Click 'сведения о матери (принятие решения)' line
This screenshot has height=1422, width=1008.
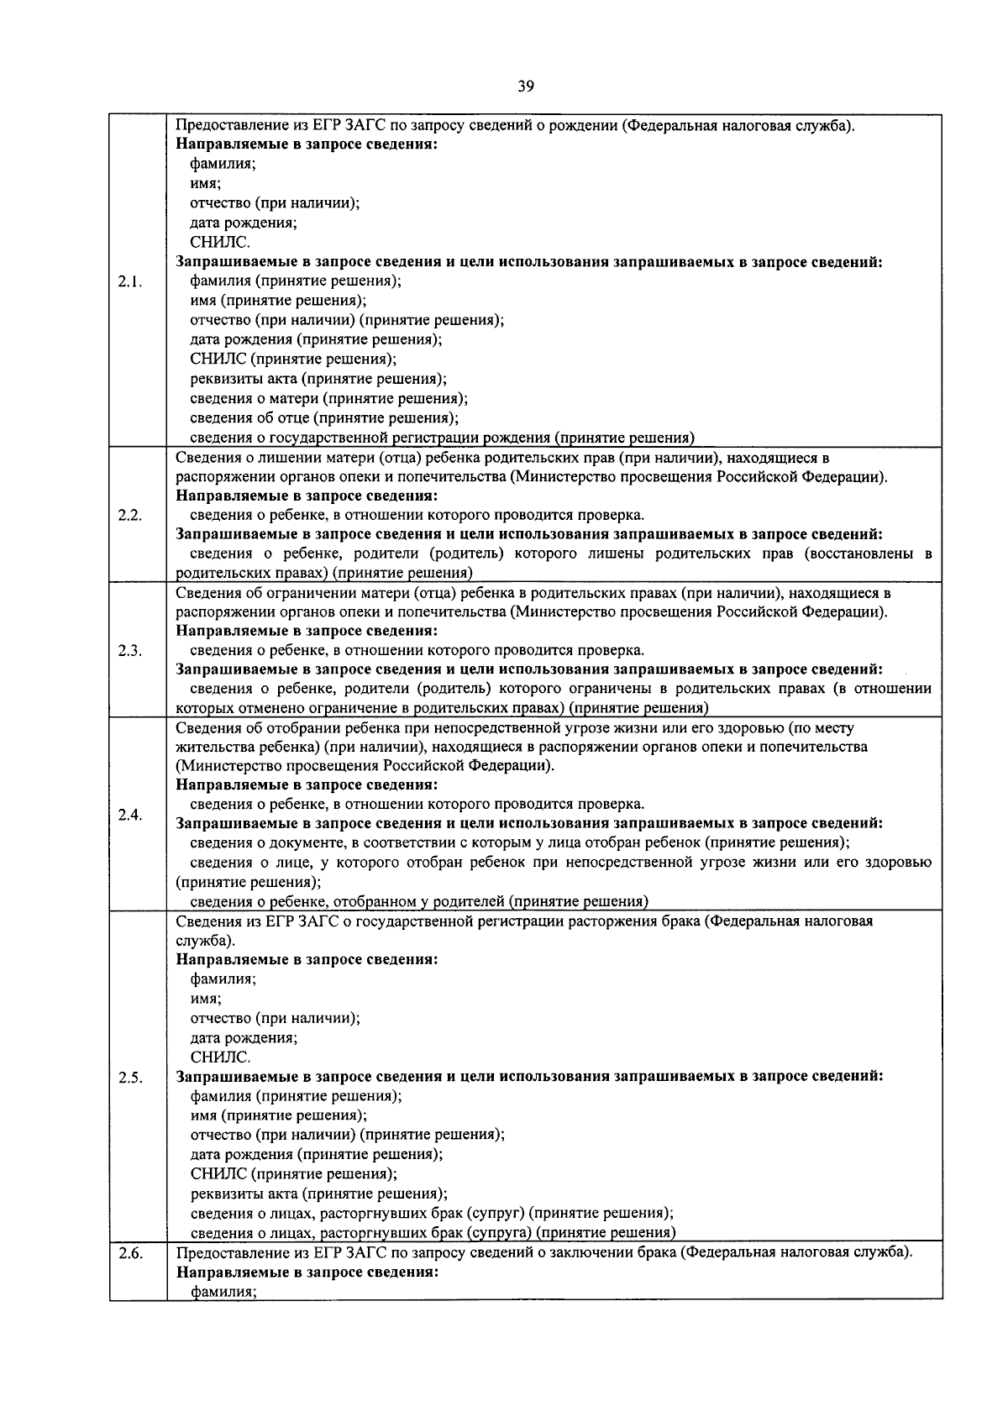tap(328, 398)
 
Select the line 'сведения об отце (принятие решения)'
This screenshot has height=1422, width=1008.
tap(324, 417)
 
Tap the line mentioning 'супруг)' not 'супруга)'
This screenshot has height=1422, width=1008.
tap(431, 1213)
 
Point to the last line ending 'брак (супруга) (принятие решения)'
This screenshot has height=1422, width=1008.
tap(433, 1232)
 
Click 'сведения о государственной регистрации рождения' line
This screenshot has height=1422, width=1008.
tap(442, 437)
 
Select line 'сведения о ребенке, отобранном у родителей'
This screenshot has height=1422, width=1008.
tap(418, 901)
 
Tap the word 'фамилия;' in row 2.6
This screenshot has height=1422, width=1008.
tap(223, 1292)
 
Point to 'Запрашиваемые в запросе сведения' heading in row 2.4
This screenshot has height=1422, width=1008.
tap(529, 823)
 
